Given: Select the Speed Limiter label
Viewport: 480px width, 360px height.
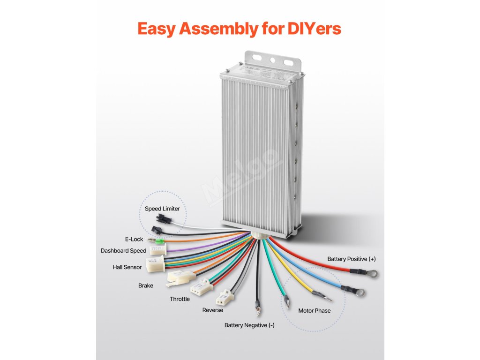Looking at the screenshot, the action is point(162,209).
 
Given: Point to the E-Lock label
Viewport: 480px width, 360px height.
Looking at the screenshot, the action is point(134,239).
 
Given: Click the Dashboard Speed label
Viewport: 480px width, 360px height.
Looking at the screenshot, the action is point(123,251).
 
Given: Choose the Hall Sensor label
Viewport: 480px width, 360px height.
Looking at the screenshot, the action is point(127,267).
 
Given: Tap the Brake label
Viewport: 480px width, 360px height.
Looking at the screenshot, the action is point(145,285).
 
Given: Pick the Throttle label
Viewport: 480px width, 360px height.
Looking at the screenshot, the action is point(180,299).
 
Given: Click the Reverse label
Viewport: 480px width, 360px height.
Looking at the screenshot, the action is point(212,310).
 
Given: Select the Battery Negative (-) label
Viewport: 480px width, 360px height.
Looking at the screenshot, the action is point(249,325).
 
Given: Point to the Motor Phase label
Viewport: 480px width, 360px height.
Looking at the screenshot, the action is point(314,311).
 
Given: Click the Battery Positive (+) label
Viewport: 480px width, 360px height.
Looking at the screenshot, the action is point(352,259).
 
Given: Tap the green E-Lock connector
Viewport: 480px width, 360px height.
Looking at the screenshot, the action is point(159,242).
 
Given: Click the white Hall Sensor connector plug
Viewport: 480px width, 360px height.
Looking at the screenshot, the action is point(155,264).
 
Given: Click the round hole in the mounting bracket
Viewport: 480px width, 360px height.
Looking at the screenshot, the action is point(271,60).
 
